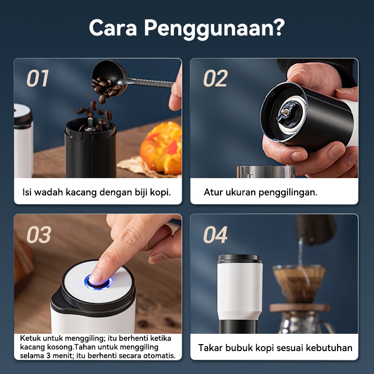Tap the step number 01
point(38,78)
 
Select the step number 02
point(216,78)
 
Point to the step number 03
point(39,235)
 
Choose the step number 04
point(215,235)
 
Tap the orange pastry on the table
point(161,148)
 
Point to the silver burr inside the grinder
point(287,112)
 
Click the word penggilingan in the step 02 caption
point(288,193)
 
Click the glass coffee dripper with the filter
point(299,284)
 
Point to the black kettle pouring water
point(315,229)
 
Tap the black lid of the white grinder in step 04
point(240,259)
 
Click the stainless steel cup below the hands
point(266,172)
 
